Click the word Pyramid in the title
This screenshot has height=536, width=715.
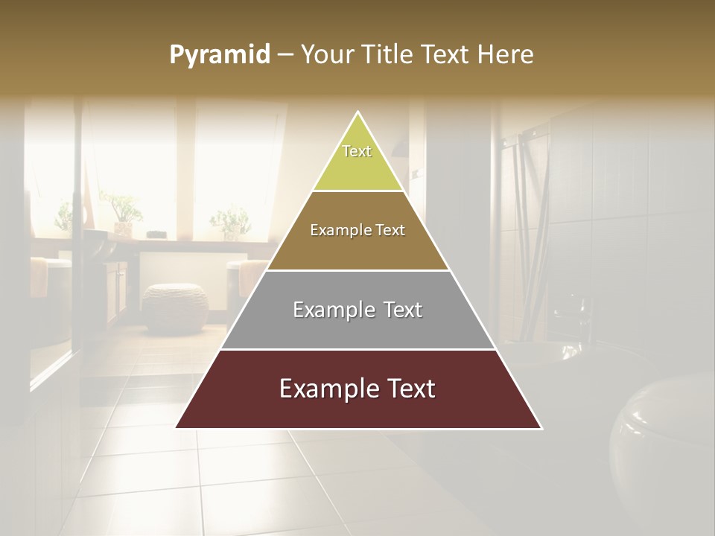[219, 55]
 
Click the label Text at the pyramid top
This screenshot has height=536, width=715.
[357, 151]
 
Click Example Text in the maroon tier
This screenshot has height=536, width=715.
[357, 389]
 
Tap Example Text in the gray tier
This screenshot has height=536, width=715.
[357, 310]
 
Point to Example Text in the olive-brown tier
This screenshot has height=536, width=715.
[357, 230]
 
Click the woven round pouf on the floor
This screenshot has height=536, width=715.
[175, 307]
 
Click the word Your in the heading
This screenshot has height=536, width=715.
[329, 55]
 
